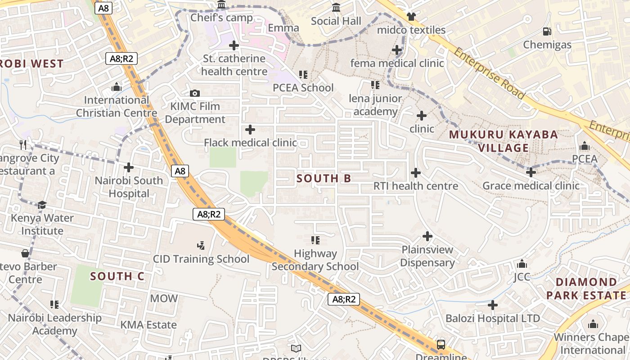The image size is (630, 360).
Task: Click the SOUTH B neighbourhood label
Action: (324, 179)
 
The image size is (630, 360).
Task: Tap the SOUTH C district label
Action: (117, 276)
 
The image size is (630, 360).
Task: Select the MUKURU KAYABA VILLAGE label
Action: (503, 141)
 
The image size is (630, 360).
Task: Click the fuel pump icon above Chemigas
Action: (547, 31)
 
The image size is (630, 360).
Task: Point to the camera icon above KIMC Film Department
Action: (195, 94)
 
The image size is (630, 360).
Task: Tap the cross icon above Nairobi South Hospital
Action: (129, 167)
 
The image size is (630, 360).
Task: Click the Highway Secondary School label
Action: (315, 260)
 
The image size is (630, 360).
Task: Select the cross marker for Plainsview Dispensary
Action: (427, 236)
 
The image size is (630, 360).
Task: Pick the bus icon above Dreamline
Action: (441, 345)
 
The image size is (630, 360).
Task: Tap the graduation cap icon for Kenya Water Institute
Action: (42, 205)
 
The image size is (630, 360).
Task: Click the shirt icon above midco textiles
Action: (411, 17)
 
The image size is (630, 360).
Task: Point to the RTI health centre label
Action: (416, 186)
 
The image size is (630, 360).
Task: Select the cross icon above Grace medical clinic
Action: (531, 172)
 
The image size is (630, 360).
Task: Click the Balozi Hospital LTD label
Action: (493, 319)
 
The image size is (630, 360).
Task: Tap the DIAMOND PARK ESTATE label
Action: (586, 289)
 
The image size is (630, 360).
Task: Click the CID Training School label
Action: (201, 259)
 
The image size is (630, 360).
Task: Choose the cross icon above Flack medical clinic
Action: (250, 130)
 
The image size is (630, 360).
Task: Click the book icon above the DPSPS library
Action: (296, 348)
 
